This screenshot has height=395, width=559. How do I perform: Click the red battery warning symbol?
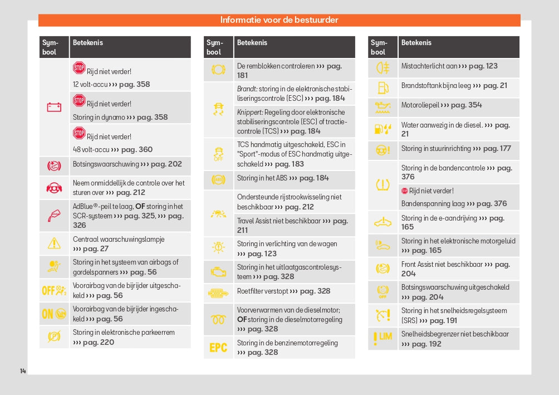(54, 107)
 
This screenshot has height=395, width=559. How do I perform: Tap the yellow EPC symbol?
(218, 348)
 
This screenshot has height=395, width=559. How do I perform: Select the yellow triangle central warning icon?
(54, 243)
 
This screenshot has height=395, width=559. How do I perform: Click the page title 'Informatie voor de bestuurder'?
(279, 20)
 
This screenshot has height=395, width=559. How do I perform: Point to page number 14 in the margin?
(23, 370)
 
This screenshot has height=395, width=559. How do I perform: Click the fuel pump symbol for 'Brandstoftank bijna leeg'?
(383, 87)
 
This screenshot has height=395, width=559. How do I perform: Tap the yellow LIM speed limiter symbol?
(383, 338)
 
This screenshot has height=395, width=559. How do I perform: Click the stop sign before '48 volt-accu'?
(79, 133)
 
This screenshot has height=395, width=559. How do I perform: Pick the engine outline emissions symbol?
(218, 272)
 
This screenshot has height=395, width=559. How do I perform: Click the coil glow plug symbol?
(218, 319)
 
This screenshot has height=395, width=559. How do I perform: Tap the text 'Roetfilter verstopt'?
(263, 291)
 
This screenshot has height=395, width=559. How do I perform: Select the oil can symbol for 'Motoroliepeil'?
(383, 107)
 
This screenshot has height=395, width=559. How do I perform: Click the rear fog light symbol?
(383, 68)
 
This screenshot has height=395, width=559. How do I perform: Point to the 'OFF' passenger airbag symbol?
(54, 290)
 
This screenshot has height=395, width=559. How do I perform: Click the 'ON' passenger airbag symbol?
(54, 314)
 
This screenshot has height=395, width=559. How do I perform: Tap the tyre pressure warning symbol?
(383, 184)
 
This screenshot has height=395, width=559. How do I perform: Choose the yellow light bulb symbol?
(218, 248)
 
